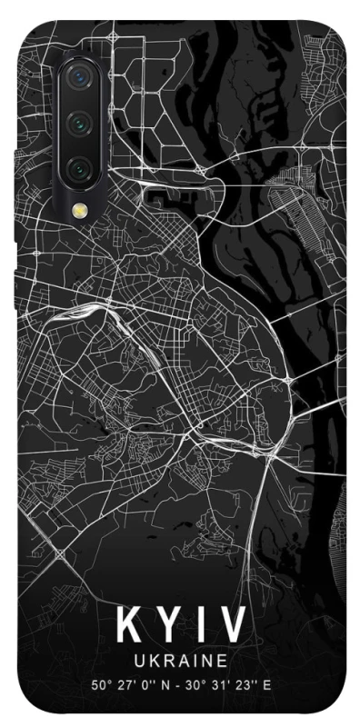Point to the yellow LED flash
80,211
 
